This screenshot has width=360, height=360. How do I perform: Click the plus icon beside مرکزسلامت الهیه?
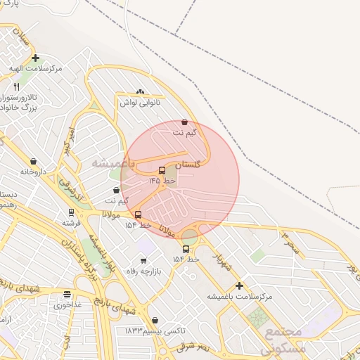pyautogui.click(x=36, y=58)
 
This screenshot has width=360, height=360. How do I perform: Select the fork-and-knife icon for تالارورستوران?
pyautogui.click(x=16, y=86)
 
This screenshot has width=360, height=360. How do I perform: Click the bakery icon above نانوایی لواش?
pyautogui.click(x=140, y=91)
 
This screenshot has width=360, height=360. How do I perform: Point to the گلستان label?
pyautogui.click(x=188, y=164)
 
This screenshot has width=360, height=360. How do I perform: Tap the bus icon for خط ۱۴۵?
pyautogui.click(x=162, y=170)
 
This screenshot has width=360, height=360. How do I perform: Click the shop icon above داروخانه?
pyautogui.click(x=33, y=161)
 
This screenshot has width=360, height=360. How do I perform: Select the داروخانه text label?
pyautogui.click(x=33, y=172)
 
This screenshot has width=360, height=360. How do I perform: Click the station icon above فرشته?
pyautogui.click(x=71, y=212)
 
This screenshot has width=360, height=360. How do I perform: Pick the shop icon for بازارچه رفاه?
pyautogui.click(x=143, y=261)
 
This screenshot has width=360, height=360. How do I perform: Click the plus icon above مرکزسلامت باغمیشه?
pyautogui.click(x=240, y=285)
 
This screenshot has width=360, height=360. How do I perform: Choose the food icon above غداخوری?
pyautogui.click(x=67, y=295)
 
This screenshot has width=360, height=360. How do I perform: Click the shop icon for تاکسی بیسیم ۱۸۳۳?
pyautogui.click(x=155, y=320)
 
